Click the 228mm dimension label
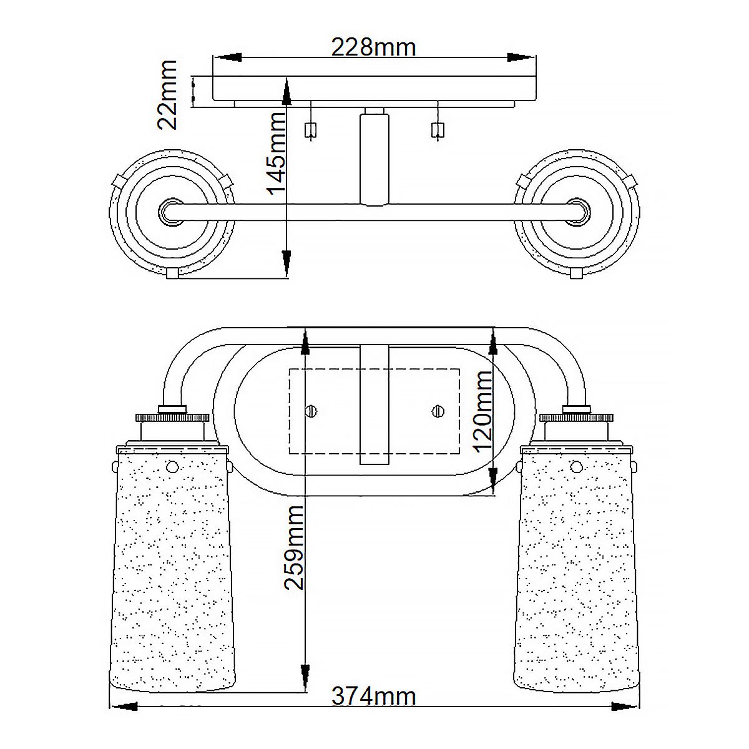coord(373,47)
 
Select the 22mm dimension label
coord(167,95)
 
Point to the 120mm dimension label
coord(484,412)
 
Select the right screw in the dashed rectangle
coord(436,410)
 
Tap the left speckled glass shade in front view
coord(172,568)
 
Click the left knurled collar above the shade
coord(172,416)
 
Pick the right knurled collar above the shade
coord(577,416)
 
